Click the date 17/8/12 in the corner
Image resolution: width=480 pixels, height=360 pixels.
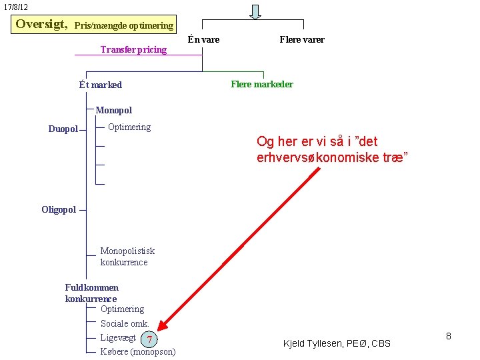coord(16,7)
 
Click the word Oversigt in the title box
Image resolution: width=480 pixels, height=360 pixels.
coord(41,24)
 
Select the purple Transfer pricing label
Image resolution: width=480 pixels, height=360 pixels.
coord(133,49)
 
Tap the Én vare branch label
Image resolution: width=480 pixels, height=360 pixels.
coord(203,39)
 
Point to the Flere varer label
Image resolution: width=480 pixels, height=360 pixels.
coord(302,39)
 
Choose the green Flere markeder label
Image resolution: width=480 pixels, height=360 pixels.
coord(262,84)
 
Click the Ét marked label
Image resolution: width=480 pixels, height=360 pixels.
coord(100,85)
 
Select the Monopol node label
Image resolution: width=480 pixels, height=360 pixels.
coord(114,110)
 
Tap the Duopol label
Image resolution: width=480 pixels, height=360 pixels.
coord(63,129)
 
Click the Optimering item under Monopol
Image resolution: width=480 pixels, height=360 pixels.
coord(129,127)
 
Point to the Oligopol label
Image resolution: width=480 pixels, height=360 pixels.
coord(59,209)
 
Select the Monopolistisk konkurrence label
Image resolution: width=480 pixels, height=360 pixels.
coord(127,257)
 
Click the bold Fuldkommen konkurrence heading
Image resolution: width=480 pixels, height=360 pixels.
coord(91,293)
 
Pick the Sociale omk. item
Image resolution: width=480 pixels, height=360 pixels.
coord(124,323)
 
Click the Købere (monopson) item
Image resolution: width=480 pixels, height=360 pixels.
coord(138,351)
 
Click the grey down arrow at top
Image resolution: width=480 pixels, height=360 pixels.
coord(255,11)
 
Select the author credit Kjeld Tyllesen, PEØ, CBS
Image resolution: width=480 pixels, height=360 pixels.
coord(337,343)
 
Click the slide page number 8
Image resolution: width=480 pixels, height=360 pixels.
coord(449,336)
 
